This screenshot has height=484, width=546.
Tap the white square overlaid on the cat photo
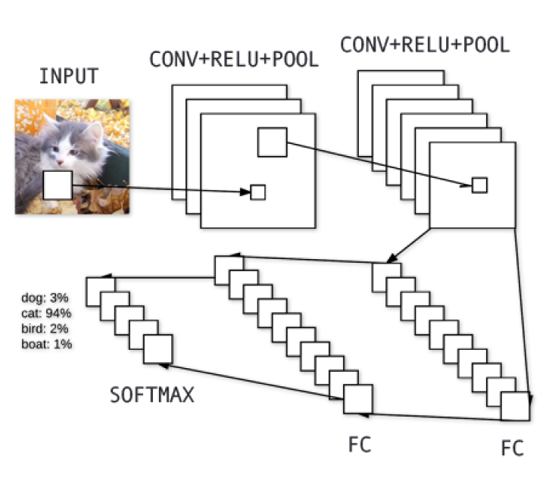57,185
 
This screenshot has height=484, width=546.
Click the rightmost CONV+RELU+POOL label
424,45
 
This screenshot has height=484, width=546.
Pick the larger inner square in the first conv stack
272,142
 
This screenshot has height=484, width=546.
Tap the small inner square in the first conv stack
257,192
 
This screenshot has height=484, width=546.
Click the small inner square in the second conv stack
479,185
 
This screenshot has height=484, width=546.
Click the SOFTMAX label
151,395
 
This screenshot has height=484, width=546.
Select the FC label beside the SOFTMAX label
360,442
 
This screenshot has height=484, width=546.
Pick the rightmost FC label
513,448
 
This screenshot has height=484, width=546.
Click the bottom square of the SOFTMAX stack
158,348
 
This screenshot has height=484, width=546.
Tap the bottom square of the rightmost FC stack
514,406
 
